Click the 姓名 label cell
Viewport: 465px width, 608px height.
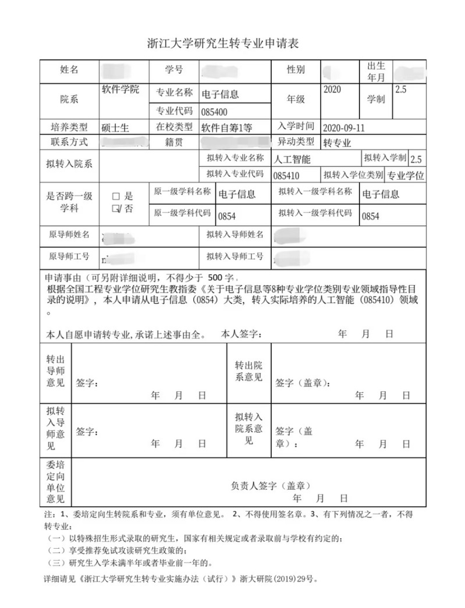click(69, 70)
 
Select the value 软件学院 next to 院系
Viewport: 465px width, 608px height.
click(120, 90)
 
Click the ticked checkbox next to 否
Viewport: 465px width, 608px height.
click(116, 208)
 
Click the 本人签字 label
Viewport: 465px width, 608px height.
click(241, 334)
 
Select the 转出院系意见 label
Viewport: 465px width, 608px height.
click(249, 371)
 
